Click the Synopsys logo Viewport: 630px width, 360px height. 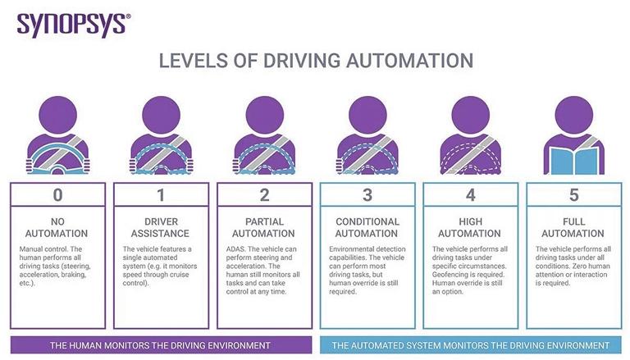72,23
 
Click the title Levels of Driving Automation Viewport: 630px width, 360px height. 315,61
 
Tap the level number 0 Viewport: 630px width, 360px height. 57,194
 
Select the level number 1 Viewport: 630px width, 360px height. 161,194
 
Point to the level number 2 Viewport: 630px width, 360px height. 264,194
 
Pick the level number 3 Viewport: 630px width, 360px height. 367,194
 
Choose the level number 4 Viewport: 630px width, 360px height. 470,194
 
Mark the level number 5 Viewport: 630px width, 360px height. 573,194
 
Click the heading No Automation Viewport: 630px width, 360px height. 57,227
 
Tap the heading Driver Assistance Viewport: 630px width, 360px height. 161,227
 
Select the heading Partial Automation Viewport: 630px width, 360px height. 264,227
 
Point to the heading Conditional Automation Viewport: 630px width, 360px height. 367,227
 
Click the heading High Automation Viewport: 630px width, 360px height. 470,227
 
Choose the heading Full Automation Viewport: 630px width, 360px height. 573,227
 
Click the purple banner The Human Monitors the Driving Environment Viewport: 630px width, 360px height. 161,344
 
